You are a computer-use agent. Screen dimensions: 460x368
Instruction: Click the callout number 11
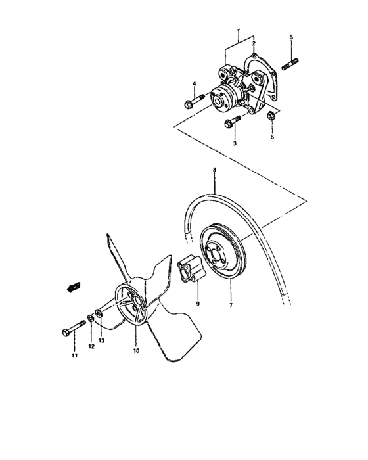coord(74,356)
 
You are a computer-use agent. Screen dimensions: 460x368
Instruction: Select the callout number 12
coord(92,346)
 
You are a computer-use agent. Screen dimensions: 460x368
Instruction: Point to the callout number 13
coord(101,341)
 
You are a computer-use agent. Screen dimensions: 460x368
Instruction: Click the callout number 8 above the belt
coord(214,170)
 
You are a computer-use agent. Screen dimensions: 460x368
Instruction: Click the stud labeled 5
coord(291,64)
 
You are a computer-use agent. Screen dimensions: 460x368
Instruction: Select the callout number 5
coord(290,37)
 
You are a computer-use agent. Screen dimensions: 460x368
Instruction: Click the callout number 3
coord(234,143)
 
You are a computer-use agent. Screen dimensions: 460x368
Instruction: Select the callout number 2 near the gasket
coord(254,43)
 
